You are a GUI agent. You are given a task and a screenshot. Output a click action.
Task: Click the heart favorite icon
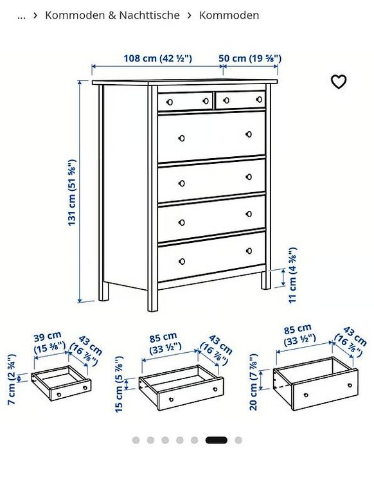click(339, 82)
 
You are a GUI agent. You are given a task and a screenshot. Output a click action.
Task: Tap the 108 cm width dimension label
click(157, 58)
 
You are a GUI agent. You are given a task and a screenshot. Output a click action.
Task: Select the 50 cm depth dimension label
click(250, 58)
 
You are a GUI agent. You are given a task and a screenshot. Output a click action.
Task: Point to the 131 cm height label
click(71, 192)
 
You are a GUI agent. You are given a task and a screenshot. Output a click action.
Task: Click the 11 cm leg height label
click(292, 275)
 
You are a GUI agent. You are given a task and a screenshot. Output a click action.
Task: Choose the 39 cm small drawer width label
click(49, 342)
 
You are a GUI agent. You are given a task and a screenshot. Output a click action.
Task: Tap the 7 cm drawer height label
click(12, 379)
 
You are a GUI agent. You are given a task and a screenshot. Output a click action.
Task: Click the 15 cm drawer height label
click(119, 384)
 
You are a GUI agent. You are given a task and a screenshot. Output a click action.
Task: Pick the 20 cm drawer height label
click(254, 382)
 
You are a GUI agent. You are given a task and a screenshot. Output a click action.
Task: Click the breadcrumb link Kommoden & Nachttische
click(112, 15)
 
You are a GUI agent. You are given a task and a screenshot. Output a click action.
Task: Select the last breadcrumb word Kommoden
click(229, 15)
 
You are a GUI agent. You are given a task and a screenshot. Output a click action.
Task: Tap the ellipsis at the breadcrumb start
click(21, 16)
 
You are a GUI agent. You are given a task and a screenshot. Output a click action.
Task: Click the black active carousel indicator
click(217, 440)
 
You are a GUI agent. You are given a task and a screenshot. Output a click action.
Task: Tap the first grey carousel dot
click(136, 440)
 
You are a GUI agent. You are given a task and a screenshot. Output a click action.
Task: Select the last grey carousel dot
click(238, 440)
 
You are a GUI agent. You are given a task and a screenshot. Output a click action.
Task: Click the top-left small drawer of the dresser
click(185, 101)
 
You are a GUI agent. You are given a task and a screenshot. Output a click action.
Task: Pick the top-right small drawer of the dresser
click(240, 100)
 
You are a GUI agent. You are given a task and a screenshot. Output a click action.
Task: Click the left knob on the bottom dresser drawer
click(182, 262)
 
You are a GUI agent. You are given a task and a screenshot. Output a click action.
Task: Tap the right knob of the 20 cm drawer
click(350, 385)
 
